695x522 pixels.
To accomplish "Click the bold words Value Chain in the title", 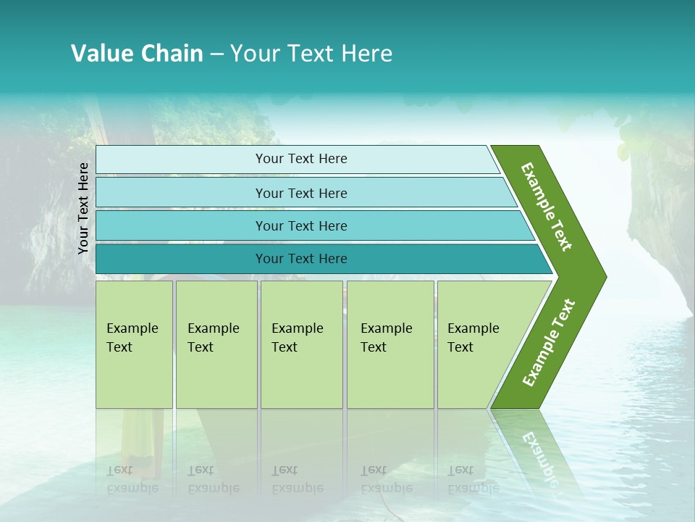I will point(137,54).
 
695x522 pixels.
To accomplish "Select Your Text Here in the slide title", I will point(311,54).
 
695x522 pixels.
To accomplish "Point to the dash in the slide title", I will point(216,54).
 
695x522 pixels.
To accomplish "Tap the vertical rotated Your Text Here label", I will point(83,208).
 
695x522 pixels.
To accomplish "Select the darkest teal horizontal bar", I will point(181,259).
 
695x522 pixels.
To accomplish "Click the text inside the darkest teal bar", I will point(301,259).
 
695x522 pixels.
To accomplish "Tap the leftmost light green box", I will point(134,344).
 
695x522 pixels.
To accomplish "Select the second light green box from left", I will point(216,344).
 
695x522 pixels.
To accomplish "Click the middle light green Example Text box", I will point(301,344).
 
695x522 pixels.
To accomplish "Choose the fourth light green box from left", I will point(390,344).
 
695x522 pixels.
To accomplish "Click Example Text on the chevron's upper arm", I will point(547,207).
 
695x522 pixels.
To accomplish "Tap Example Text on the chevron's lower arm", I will point(548,343).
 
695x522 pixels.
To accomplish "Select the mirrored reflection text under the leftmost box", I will point(132,479).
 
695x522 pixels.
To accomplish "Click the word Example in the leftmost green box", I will point(132,328).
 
